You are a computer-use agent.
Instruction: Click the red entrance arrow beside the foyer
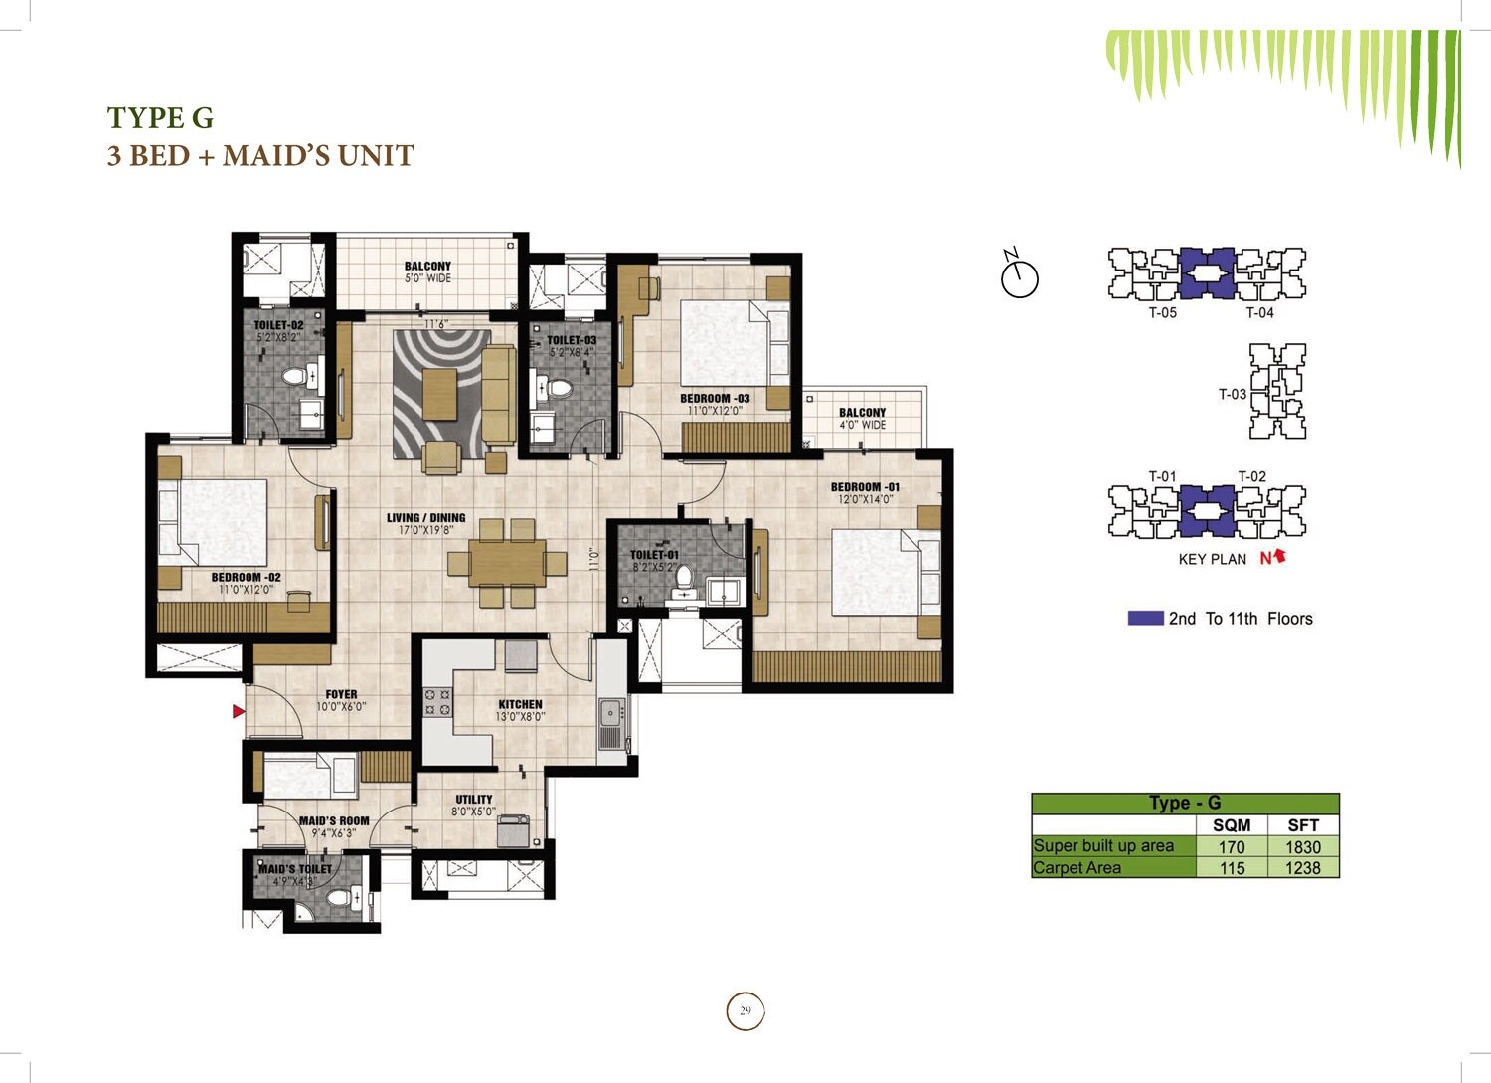click(x=239, y=711)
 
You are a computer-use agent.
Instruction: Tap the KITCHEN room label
click(x=520, y=704)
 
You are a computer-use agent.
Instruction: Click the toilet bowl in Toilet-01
click(x=683, y=579)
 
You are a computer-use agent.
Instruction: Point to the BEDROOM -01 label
click(x=865, y=487)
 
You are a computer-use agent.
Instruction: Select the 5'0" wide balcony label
click(x=427, y=271)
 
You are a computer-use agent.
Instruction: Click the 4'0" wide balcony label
click(x=862, y=418)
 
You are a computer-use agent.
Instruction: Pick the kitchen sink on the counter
click(x=610, y=713)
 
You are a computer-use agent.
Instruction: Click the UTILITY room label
click(x=474, y=800)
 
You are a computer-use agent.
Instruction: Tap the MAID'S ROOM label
click(x=334, y=821)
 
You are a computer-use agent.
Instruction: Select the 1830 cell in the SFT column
click(x=1302, y=847)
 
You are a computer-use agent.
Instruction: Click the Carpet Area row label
click(x=1077, y=868)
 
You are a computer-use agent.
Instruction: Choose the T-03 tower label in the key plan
click(x=1233, y=394)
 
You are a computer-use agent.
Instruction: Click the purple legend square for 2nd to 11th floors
click(x=1145, y=618)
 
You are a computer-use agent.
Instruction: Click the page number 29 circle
click(x=745, y=1011)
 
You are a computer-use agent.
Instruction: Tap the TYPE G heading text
click(x=160, y=118)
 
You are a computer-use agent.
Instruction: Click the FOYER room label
click(x=341, y=695)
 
